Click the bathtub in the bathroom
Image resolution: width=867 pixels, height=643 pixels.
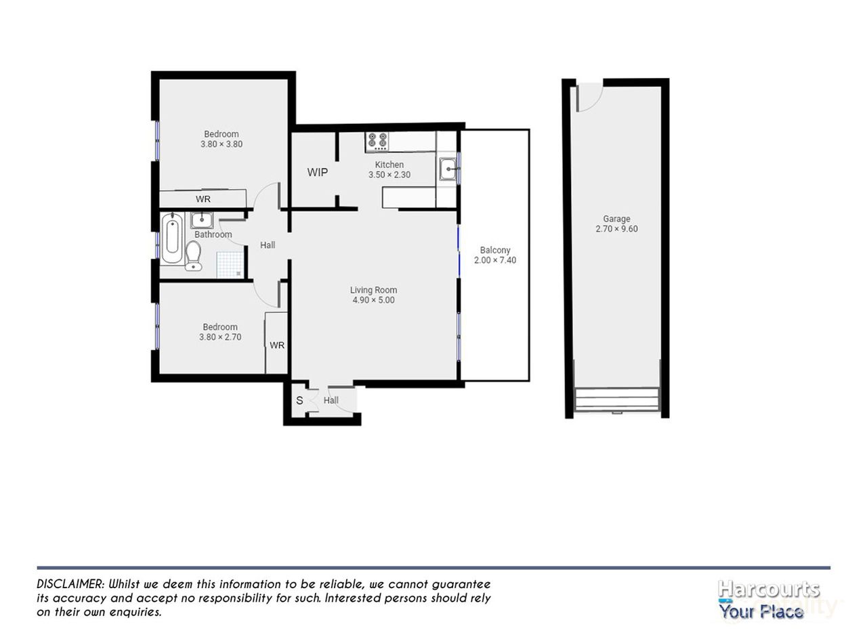pos(172,238)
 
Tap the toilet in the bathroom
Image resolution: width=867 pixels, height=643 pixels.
pos(193,255)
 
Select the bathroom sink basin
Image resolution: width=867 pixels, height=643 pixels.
pos(202,220)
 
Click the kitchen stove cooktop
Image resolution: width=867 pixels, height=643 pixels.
pos(377,141)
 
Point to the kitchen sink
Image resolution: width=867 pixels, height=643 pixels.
pos(448,169)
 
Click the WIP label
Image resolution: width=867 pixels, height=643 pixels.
pos(318,172)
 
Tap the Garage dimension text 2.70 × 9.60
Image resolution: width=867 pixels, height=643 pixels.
pos(616,229)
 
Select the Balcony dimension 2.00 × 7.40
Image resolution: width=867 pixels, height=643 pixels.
pos(494,260)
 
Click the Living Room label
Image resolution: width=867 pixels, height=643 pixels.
pos(373,290)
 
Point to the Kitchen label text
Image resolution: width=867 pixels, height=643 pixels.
pos(389,165)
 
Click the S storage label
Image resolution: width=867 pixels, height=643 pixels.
pos(299,400)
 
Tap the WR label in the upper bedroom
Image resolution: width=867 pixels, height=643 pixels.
pos(203,199)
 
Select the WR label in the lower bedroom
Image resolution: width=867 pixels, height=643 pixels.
pos(277,346)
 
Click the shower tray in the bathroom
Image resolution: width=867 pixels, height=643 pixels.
pos(230,264)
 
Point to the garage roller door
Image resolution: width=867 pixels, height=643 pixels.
pos(616,399)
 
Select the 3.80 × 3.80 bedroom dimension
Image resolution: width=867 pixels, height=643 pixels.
pos(221,144)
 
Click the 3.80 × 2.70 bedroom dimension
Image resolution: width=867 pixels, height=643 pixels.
pos(220,337)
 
